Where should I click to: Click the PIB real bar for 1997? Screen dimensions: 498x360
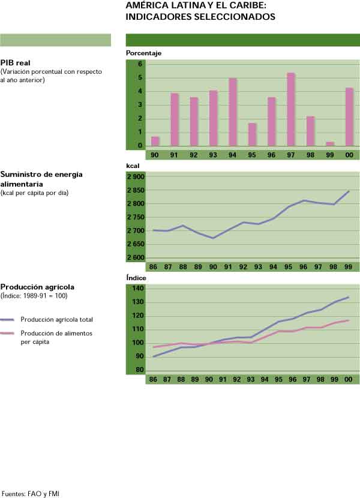click(x=291, y=109)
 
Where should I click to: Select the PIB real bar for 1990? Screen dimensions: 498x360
click(x=155, y=141)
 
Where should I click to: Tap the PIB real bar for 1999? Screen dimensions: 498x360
click(x=330, y=143)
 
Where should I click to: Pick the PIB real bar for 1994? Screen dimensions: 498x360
click(x=232, y=112)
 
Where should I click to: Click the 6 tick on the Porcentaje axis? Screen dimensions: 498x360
click(x=139, y=64)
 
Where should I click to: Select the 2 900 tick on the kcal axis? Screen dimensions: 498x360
click(x=136, y=177)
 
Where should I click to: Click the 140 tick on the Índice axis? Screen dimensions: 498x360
click(x=138, y=289)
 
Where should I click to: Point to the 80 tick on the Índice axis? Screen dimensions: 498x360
click(x=139, y=370)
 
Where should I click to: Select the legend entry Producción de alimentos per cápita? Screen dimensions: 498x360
click(x=56, y=337)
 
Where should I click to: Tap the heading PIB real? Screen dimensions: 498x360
click(x=16, y=62)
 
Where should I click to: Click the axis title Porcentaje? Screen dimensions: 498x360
click(x=143, y=53)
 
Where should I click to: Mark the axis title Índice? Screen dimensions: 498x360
click(x=136, y=278)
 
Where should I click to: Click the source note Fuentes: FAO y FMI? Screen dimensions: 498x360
click(x=31, y=494)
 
